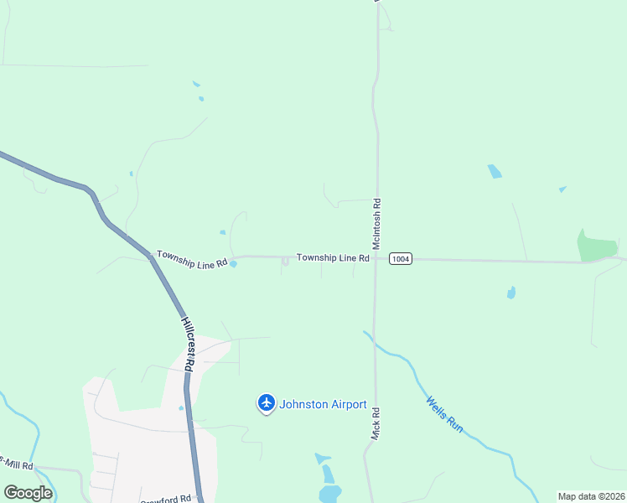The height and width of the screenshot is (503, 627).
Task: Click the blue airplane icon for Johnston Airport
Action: tap(267, 404)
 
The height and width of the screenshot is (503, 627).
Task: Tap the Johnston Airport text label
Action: tap(324, 405)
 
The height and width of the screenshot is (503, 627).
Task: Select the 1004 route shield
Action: tap(401, 259)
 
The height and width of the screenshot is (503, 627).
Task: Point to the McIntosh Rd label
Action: tap(378, 215)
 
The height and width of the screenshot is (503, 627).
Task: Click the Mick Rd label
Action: tap(376, 425)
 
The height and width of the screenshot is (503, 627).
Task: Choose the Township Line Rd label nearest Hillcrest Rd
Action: tap(192, 258)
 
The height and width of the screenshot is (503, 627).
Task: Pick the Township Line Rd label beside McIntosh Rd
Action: tap(333, 258)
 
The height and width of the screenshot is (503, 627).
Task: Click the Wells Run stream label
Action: tap(445, 414)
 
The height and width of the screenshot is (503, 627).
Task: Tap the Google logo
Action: tap(28, 493)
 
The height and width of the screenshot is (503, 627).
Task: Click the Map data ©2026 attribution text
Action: tap(591, 496)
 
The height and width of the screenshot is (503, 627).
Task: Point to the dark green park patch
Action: tap(597, 245)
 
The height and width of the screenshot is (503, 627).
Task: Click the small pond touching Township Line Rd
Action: tap(233, 265)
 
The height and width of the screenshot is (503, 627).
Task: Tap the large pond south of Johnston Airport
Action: tap(330, 492)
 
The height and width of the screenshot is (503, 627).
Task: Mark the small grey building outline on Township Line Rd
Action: tap(285, 262)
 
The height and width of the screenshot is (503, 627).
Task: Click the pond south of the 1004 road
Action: tap(510, 293)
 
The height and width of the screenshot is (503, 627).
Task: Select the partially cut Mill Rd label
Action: tap(17, 465)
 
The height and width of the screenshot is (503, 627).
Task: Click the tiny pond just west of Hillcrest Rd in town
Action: tap(180, 408)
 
